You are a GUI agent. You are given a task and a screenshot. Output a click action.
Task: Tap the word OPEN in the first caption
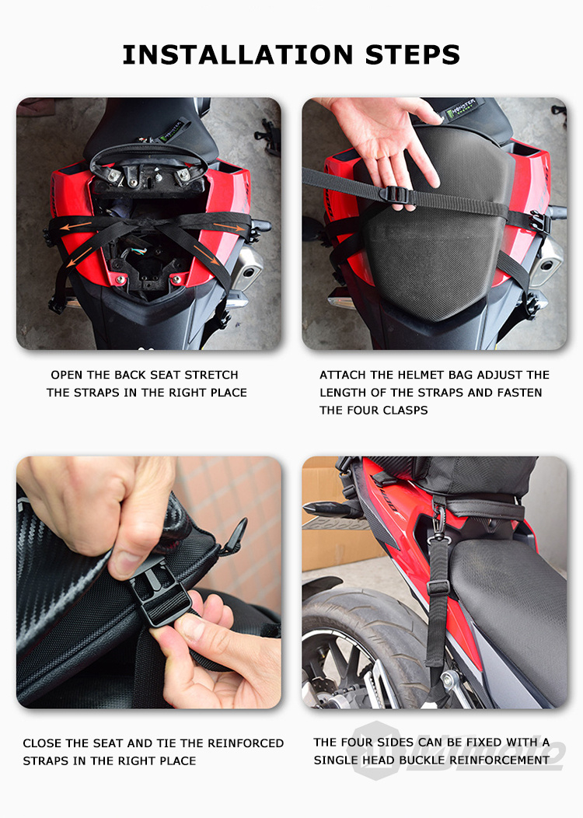[66, 375]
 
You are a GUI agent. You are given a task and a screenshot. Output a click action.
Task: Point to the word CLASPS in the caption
[403, 411]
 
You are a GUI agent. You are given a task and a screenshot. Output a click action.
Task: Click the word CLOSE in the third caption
[42, 743]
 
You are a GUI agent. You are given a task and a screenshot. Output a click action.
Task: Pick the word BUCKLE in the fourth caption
[438, 760]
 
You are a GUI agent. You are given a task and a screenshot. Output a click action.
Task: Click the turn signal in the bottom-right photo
[326, 509]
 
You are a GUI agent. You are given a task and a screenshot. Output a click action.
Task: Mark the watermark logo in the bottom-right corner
[459, 750]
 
